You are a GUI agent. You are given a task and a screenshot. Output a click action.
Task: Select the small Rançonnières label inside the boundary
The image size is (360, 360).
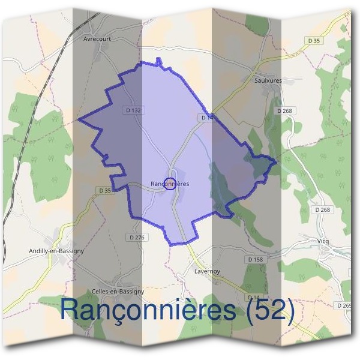click(169, 184)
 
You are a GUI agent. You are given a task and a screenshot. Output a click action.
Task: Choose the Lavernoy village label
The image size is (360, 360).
click(207, 271)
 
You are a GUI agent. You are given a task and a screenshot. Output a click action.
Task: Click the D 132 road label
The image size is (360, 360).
click(133, 110)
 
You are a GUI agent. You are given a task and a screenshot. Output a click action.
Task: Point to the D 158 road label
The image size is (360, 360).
click(255, 259)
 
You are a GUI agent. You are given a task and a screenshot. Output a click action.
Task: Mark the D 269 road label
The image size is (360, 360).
click(345, 305)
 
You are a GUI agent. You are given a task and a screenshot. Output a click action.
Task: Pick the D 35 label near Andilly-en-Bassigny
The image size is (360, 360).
click(104, 190)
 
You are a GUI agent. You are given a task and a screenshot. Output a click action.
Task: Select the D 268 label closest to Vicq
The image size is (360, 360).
click(323, 209)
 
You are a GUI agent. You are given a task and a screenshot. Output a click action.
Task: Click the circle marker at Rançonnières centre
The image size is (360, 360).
click(170, 184)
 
